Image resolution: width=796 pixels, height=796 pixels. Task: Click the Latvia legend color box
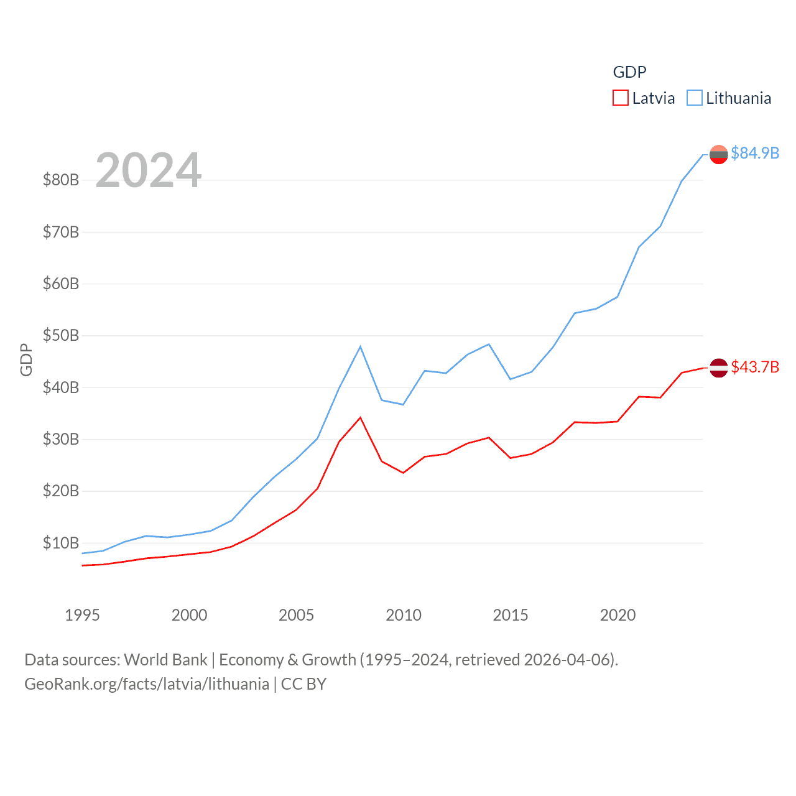click(621, 98)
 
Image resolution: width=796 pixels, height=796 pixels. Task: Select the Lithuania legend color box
click(695, 98)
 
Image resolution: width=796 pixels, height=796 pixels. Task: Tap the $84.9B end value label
click(755, 153)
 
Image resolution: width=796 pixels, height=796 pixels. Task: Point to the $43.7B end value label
click(755, 367)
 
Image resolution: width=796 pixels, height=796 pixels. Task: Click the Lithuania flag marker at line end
click(719, 154)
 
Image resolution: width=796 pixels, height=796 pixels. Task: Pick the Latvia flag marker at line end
click(719, 368)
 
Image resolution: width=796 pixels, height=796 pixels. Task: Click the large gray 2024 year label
click(149, 170)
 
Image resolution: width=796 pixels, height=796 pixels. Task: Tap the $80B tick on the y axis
click(61, 180)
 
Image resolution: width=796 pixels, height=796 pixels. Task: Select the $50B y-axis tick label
click(61, 336)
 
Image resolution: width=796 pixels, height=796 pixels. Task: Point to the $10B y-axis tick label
click(61, 543)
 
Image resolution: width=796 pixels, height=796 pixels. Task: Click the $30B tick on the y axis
click(61, 440)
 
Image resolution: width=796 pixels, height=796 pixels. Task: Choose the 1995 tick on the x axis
click(82, 615)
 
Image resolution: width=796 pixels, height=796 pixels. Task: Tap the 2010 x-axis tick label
click(404, 615)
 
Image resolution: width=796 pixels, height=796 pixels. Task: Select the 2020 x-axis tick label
click(618, 615)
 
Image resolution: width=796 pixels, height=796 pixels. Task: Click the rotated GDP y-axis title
click(26, 359)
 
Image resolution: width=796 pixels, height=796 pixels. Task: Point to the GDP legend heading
click(629, 72)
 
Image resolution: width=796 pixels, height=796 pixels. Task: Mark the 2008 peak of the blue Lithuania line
click(360, 346)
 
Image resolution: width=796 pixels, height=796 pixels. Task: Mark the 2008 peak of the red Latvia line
click(360, 417)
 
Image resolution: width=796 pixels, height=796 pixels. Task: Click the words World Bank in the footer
click(166, 659)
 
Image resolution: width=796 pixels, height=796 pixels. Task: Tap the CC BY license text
click(303, 684)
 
